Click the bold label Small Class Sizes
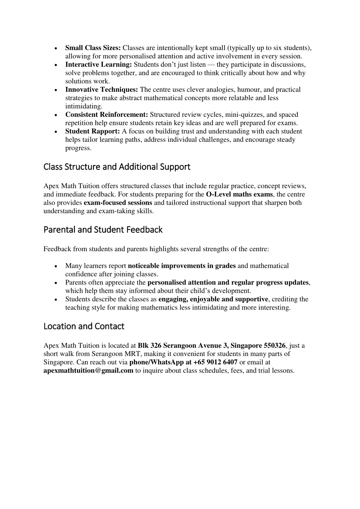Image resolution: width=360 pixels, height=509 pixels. [93, 48]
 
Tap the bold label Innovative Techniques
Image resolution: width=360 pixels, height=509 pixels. [101, 90]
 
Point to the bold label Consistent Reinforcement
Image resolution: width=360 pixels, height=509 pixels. [107, 115]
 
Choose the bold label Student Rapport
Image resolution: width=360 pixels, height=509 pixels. [93, 132]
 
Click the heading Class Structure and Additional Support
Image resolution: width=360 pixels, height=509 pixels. [117, 167]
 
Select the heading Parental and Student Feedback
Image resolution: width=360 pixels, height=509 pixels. [103, 230]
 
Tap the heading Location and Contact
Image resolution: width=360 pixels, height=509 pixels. [84, 326]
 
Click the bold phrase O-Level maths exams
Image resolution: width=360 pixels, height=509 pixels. [239, 195]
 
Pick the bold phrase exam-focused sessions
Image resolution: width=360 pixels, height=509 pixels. [118, 203]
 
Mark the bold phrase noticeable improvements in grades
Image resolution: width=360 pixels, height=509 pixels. [182, 266]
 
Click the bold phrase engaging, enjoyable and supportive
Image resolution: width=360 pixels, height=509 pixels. [213, 299]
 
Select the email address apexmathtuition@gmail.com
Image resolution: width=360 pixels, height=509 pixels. [88, 371]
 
